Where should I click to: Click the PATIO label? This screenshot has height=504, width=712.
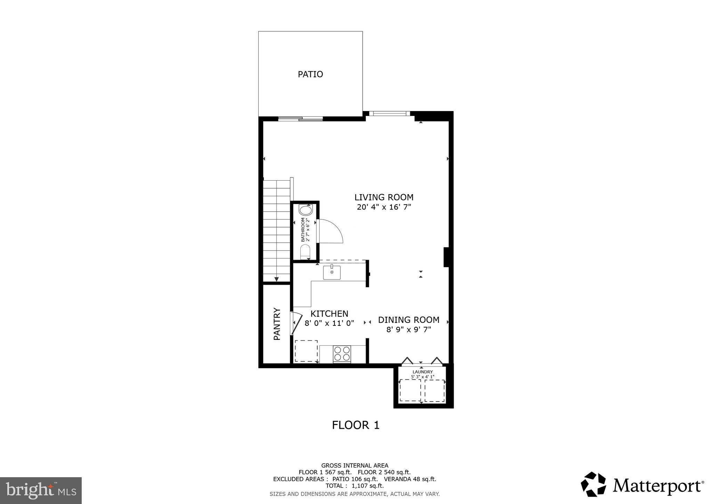click(x=310, y=74)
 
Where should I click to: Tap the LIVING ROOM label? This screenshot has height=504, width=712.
click(x=384, y=197)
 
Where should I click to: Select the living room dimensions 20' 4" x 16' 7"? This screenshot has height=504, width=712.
click(x=384, y=207)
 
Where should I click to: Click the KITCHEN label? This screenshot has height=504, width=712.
click(x=329, y=314)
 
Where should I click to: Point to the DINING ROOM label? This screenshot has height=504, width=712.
click(x=408, y=320)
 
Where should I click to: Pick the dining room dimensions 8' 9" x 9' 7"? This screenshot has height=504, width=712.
click(x=408, y=329)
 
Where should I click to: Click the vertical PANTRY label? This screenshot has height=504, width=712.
click(x=277, y=324)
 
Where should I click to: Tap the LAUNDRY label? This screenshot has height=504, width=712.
click(x=422, y=372)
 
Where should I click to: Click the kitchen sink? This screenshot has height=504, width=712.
click(x=332, y=272)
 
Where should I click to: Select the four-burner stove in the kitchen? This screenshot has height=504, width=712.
click(x=342, y=354)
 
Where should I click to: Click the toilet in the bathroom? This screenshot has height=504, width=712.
click(x=305, y=251)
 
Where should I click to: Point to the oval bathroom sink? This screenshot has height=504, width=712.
click(x=306, y=211)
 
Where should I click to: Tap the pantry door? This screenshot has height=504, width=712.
click(x=296, y=323)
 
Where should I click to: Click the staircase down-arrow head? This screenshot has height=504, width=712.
click(x=277, y=279)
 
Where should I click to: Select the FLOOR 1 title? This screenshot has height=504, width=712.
click(x=355, y=425)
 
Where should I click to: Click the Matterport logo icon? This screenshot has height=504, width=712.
click(x=593, y=484)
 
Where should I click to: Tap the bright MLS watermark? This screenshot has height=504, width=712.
click(x=41, y=490)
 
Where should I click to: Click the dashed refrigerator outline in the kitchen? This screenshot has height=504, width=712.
click(x=306, y=351)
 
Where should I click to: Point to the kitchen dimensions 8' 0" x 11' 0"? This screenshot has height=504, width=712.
click(x=329, y=323)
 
